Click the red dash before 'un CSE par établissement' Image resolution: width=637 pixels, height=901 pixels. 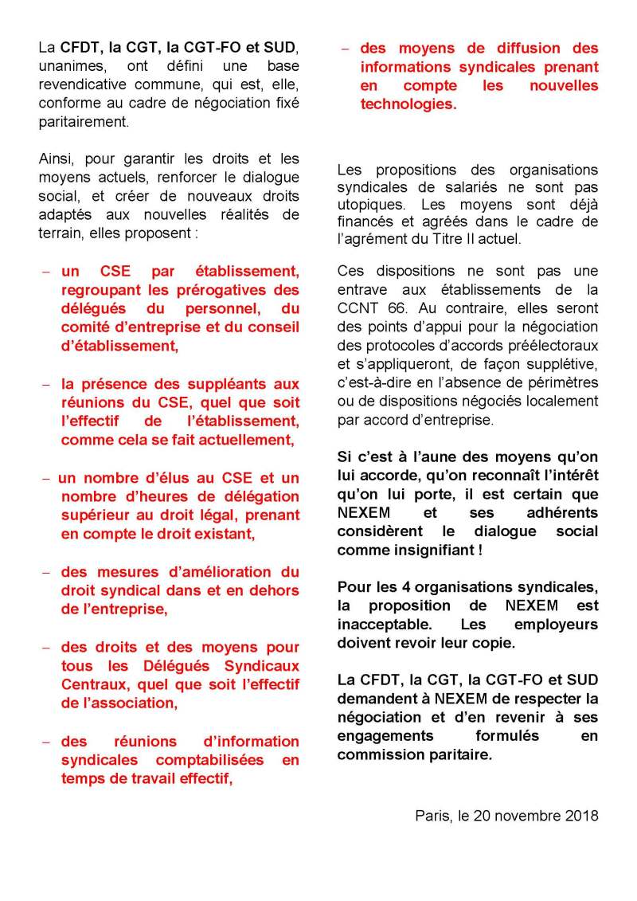(x=45, y=272)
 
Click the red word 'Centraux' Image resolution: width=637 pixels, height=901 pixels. (x=92, y=684)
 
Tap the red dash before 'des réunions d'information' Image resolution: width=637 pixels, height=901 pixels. (x=45, y=742)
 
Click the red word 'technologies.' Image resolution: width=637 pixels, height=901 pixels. (x=408, y=104)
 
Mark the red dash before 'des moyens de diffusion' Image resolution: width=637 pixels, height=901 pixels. (x=344, y=48)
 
